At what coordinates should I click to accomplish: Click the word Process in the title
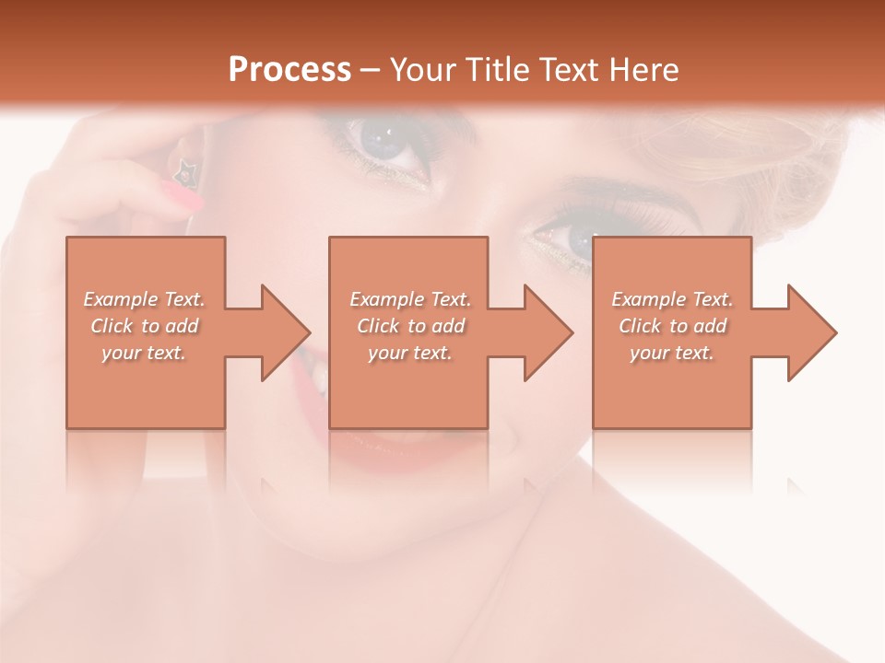pos(289,70)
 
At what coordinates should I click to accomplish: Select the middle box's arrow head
pos(547,332)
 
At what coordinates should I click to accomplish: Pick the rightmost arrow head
pos(810,332)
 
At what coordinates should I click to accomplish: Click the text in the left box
pos(145,326)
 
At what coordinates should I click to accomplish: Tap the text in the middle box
pos(409,326)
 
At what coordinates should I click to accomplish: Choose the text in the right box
pos(672,326)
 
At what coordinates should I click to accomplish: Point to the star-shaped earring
pos(186,169)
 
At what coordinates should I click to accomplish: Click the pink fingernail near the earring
pos(182,194)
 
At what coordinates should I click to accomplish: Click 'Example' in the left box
pos(121,299)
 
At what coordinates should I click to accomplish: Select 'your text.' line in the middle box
pos(409,353)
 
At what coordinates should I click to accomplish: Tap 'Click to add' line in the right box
pos(672,326)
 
